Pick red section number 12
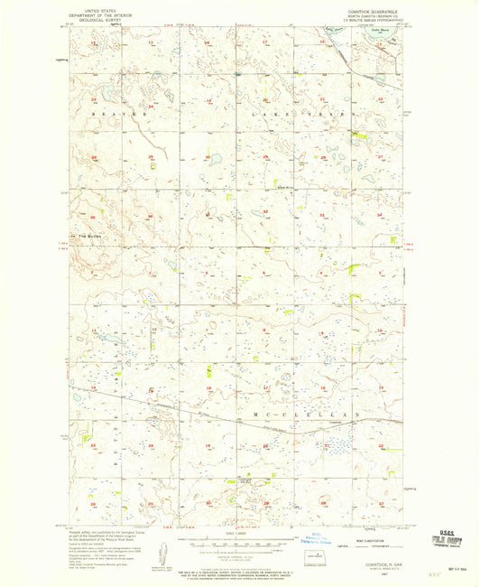pos(153,331)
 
